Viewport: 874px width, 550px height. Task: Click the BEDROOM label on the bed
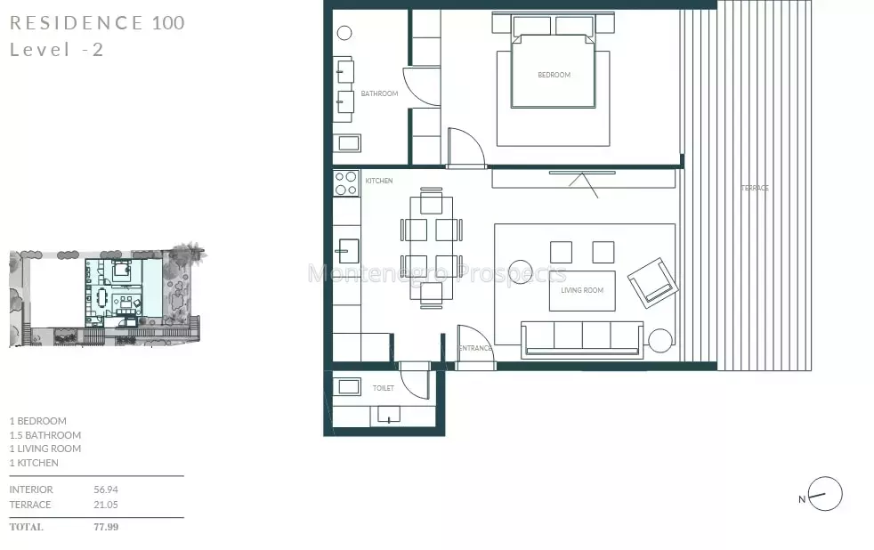pyautogui.click(x=554, y=75)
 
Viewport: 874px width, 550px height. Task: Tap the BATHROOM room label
pyautogui.click(x=379, y=93)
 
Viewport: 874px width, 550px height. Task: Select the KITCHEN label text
pyautogui.click(x=379, y=181)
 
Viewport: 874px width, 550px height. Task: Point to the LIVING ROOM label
pyautogui.click(x=582, y=290)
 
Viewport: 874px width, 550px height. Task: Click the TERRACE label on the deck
pyautogui.click(x=755, y=188)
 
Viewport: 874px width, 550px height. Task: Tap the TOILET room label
pyautogui.click(x=384, y=388)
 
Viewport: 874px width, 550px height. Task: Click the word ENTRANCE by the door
pyautogui.click(x=475, y=348)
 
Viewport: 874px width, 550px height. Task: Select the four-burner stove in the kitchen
pyautogui.click(x=346, y=183)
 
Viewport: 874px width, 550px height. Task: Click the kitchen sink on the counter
pyautogui.click(x=347, y=251)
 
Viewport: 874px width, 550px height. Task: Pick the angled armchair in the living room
pyautogui.click(x=653, y=282)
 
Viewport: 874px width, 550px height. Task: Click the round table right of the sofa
pyautogui.click(x=660, y=341)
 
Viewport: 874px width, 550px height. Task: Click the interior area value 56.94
pyautogui.click(x=106, y=489)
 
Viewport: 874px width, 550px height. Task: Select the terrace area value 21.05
pyautogui.click(x=106, y=505)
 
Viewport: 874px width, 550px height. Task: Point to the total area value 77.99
pyautogui.click(x=106, y=527)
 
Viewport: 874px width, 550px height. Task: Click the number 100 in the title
pyautogui.click(x=168, y=23)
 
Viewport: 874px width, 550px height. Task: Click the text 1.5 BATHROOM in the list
pyautogui.click(x=45, y=435)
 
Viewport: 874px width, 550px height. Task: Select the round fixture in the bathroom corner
pyautogui.click(x=344, y=34)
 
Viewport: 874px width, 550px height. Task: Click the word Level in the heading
pyautogui.click(x=40, y=50)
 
